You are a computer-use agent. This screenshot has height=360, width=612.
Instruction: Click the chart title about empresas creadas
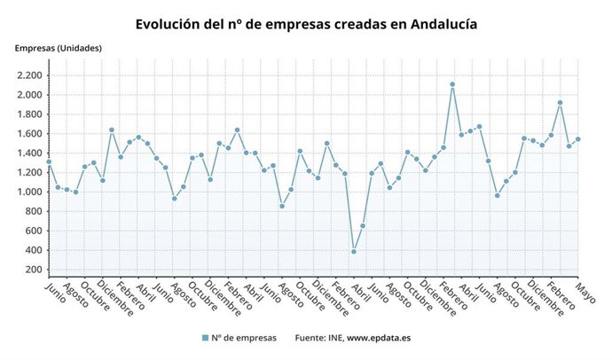(x=306, y=24)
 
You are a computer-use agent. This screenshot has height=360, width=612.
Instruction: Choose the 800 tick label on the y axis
(x=32, y=211)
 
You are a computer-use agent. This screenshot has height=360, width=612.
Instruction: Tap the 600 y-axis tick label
(x=32, y=231)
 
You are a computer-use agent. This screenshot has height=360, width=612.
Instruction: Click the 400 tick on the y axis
(x=32, y=250)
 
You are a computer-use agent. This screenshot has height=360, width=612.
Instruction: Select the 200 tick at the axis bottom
(x=32, y=270)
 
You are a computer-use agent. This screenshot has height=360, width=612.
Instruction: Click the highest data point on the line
(x=452, y=84)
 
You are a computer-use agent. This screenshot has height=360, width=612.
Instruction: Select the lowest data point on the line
(x=353, y=252)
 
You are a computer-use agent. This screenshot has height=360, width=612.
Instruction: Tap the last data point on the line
(x=578, y=139)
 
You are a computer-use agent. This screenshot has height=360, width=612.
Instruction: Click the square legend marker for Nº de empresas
(x=205, y=338)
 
